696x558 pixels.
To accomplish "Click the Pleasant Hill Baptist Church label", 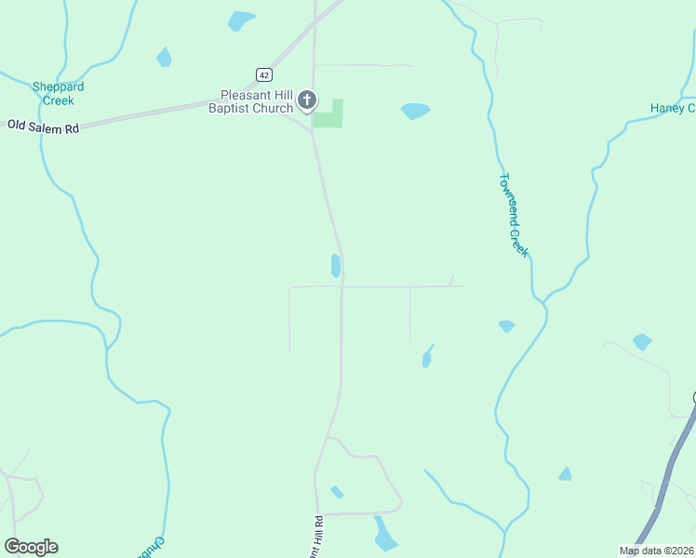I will [x=257, y=100].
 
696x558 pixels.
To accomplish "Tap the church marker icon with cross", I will [x=308, y=100].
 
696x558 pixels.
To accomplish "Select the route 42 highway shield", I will [x=264, y=73].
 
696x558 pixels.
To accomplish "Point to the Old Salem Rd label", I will [x=44, y=126].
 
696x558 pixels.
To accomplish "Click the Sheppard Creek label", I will [x=58, y=93].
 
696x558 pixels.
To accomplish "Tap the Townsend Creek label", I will [x=514, y=215].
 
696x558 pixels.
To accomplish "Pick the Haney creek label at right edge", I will [x=672, y=109].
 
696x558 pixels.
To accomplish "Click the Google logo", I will [x=31, y=547].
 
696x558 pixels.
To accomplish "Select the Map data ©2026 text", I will [x=656, y=551].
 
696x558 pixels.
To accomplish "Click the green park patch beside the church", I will [x=329, y=116].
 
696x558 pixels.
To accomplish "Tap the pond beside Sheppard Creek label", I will [x=165, y=57].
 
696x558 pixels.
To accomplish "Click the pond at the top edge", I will [x=242, y=20].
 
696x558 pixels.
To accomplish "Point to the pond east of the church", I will [x=415, y=111].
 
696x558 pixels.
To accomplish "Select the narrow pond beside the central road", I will [x=335, y=266].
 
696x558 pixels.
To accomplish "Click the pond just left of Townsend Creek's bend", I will [x=506, y=326].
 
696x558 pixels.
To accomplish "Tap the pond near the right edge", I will [x=642, y=341].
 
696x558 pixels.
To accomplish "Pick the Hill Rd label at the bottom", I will [x=318, y=537].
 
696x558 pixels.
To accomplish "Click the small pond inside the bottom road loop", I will [x=337, y=492].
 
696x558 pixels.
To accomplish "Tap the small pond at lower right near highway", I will [x=565, y=474].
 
